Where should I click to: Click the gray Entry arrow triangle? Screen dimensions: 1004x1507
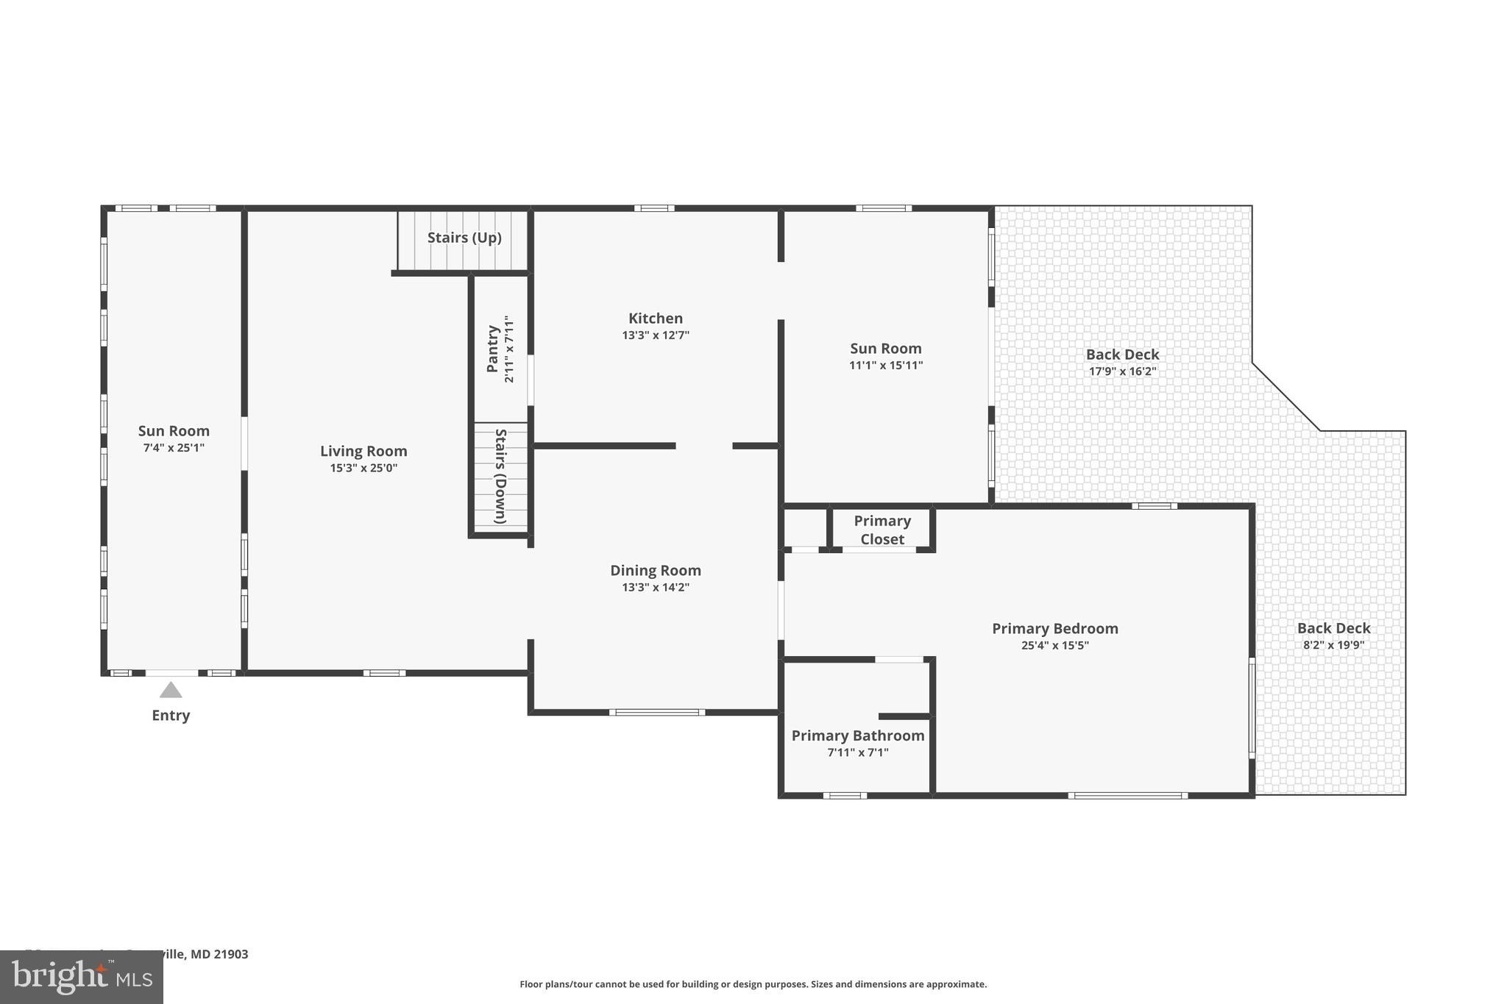coord(171,690)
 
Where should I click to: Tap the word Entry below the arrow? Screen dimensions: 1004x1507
coord(171,716)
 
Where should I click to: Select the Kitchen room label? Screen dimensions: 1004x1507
coord(655,318)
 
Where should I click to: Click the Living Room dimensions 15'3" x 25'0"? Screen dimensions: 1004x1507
coord(364,468)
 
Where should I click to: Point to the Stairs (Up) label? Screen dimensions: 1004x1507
coord(464,238)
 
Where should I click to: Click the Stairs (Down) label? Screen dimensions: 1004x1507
coord(500,476)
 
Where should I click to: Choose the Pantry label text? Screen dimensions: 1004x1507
coord(493,349)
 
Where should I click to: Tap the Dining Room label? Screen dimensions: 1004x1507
coord(655,570)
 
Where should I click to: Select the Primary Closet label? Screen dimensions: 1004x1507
coord(882,530)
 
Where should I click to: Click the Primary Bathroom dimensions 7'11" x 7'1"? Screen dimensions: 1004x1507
coord(858,752)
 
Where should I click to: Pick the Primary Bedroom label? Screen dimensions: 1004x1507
coord(1054,628)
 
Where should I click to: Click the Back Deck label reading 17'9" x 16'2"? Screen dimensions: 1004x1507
coord(1122,371)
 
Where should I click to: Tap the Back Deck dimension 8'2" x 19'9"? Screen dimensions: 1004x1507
coord(1333,645)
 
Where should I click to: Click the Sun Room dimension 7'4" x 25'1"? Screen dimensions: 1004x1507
coord(174,447)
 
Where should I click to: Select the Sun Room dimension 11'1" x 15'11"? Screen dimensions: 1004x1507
coord(886,365)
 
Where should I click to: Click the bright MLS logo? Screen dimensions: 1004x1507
coord(81,978)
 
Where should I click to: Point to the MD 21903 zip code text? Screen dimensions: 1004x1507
coord(219,954)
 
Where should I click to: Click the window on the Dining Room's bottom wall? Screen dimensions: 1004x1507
coord(656,712)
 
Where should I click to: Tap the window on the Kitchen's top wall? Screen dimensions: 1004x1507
coord(653,208)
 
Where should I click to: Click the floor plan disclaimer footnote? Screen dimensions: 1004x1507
coord(753,984)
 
